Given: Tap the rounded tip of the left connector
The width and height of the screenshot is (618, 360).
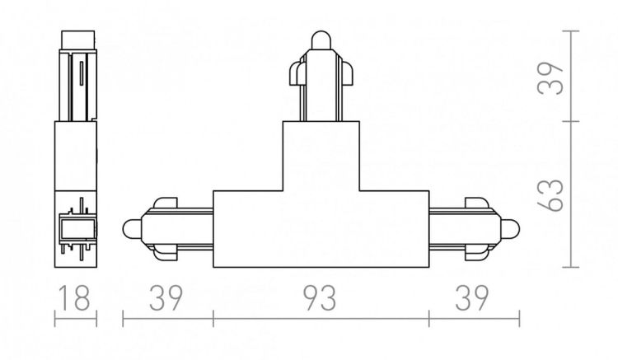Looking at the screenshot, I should pyautogui.click(x=130, y=228).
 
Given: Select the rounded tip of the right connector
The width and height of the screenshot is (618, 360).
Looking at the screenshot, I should pyautogui.click(x=512, y=228).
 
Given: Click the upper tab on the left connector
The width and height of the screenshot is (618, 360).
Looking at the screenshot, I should pyautogui.click(x=164, y=203).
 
